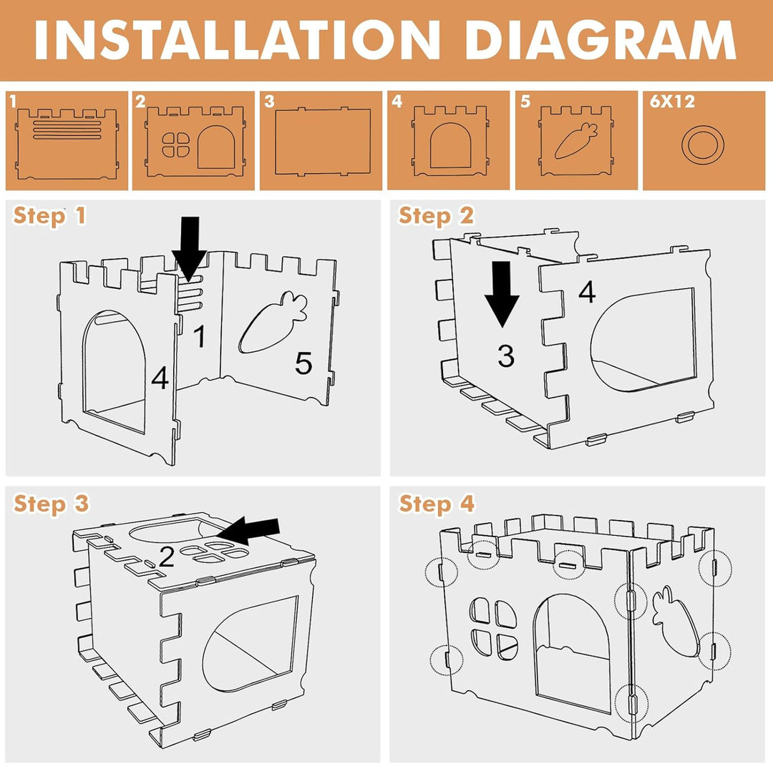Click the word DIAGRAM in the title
pyautogui.click(x=601, y=40)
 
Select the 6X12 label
pyautogui.click(x=672, y=101)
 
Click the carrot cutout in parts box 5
pyautogui.click(x=576, y=140)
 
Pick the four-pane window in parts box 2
pyautogui.click(x=176, y=145)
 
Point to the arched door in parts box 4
pyautogui.click(x=450, y=146)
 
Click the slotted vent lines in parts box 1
pyautogui.click(x=67, y=129)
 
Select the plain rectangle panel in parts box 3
pyautogui.click(x=322, y=142)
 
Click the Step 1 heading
pyautogui.click(x=49, y=216)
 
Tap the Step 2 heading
pyautogui.click(x=436, y=216)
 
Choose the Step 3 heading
pyautogui.click(x=51, y=504)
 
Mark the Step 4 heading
pyautogui.click(x=437, y=504)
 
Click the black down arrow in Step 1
pyautogui.click(x=189, y=248)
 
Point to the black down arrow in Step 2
pyautogui.click(x=502, y=294)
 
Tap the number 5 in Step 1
pyautogui.click(x=303, y=363)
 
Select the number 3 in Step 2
pyautogui.click(x=506, y=356)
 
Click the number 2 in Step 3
pyautogui.click(x=167, y=557)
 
